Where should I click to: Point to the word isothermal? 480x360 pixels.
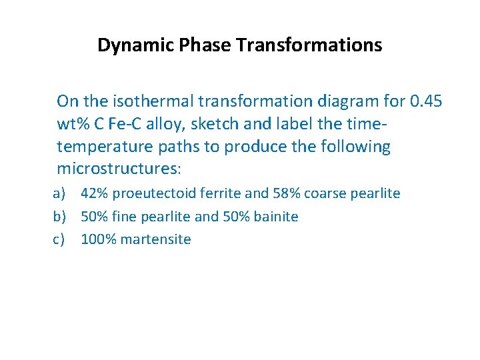[x=144, y=101]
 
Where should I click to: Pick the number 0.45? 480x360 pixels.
[x=427, y=101]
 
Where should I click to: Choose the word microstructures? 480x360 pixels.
[x=119, y=169]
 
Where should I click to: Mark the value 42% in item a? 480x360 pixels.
[x=95, y=194]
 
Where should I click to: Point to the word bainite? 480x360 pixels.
[x=276, y=217]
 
